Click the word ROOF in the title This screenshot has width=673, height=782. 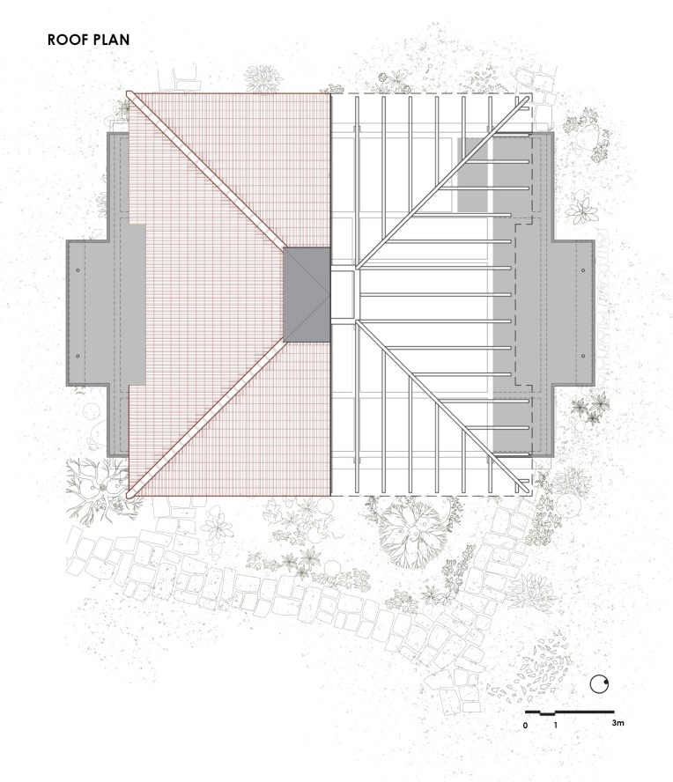[67, 40]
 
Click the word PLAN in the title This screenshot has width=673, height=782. [110, 40]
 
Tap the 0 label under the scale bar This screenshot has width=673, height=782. [525, 726]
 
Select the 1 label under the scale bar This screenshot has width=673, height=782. [555, 726]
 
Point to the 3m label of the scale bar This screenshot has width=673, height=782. [618, 723]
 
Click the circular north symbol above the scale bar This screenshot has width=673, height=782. [599, 684]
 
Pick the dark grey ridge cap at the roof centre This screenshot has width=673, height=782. [307, 295]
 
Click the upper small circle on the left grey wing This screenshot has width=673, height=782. [78, 270]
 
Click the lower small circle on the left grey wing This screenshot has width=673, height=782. [78, 356]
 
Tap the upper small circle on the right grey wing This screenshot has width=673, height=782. [583, 270]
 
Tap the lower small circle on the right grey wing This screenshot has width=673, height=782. [583, 356]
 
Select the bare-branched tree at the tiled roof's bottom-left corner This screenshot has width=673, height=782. [102, 488]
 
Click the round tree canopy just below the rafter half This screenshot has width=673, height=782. [412, 534]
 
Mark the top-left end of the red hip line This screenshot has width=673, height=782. [129, 92]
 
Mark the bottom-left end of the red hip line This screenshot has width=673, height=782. [129, 495]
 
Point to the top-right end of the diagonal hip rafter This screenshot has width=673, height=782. [528, 99]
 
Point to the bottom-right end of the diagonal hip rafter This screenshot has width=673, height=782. [528, 491]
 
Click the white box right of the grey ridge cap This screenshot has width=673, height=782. [343, 295]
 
